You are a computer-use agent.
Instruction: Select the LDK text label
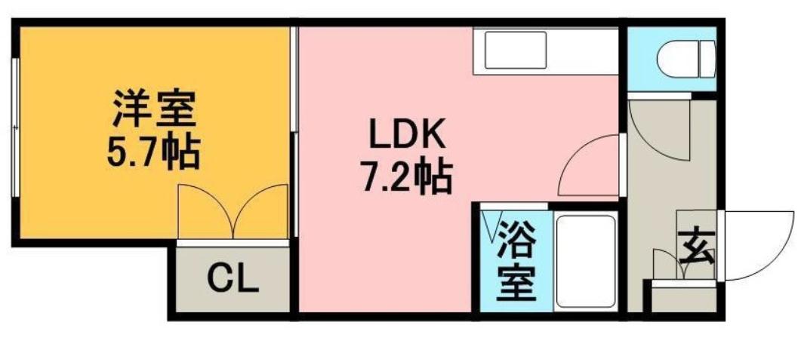(408, 137)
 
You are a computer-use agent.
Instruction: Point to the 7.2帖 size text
(408, 179)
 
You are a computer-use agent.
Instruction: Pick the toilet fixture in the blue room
(685, 58)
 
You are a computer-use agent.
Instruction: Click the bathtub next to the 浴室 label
(585, 260)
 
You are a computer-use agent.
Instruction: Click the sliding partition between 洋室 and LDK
(294, 132)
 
